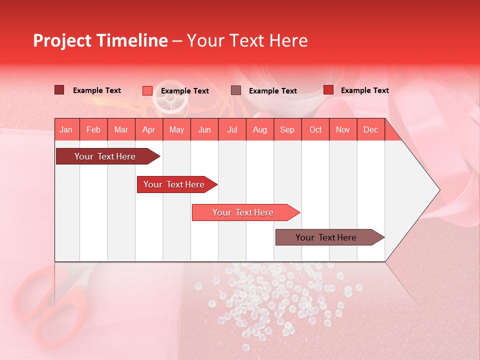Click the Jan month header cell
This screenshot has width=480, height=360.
point(66,129)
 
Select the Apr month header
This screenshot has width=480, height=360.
point(148,129)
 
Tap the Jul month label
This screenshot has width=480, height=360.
point(232,129)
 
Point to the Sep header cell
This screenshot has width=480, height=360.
point(287,129)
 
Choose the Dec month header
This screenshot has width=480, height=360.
point(370,129)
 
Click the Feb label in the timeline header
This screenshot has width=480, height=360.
point(93,129)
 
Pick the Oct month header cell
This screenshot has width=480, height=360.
point(315,129)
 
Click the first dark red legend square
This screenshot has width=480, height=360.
point(59,90)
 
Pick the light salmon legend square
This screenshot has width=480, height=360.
point(147,90)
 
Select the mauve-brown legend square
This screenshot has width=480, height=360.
point(236,90)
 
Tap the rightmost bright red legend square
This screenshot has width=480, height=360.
point(328,90)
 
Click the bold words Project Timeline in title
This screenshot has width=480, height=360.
point(100,40)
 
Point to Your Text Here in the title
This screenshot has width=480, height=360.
point(247,40)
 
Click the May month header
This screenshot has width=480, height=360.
point(176,129)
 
